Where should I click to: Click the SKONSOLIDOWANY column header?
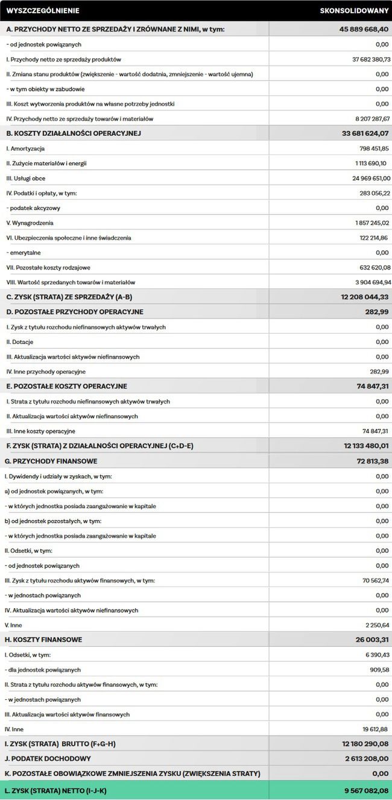355,11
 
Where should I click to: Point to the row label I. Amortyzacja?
25,148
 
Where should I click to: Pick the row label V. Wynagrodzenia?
30,223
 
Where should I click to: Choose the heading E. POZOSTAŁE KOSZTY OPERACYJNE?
66,386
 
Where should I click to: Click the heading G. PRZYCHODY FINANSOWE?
51,461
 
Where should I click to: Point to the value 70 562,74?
376,580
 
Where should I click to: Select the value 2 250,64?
377,625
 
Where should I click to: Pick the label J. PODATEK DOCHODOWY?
48,758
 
